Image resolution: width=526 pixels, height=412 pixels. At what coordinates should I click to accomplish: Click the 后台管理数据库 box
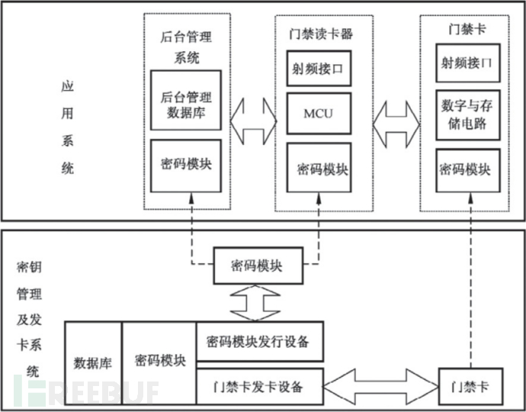pos(186,100)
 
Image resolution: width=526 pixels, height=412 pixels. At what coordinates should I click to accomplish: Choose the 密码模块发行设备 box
pos(259,341)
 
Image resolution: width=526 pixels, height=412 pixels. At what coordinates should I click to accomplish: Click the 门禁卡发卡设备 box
pos(259,386)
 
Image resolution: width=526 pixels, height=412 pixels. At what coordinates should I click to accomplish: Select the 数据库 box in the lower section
pos(93,363)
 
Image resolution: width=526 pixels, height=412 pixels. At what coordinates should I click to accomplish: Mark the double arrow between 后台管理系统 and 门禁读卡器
pos(249,118)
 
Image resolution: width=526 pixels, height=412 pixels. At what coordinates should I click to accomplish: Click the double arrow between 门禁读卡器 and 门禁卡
pos(396,118)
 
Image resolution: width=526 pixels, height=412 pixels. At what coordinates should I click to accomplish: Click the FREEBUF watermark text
pos(91,391)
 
